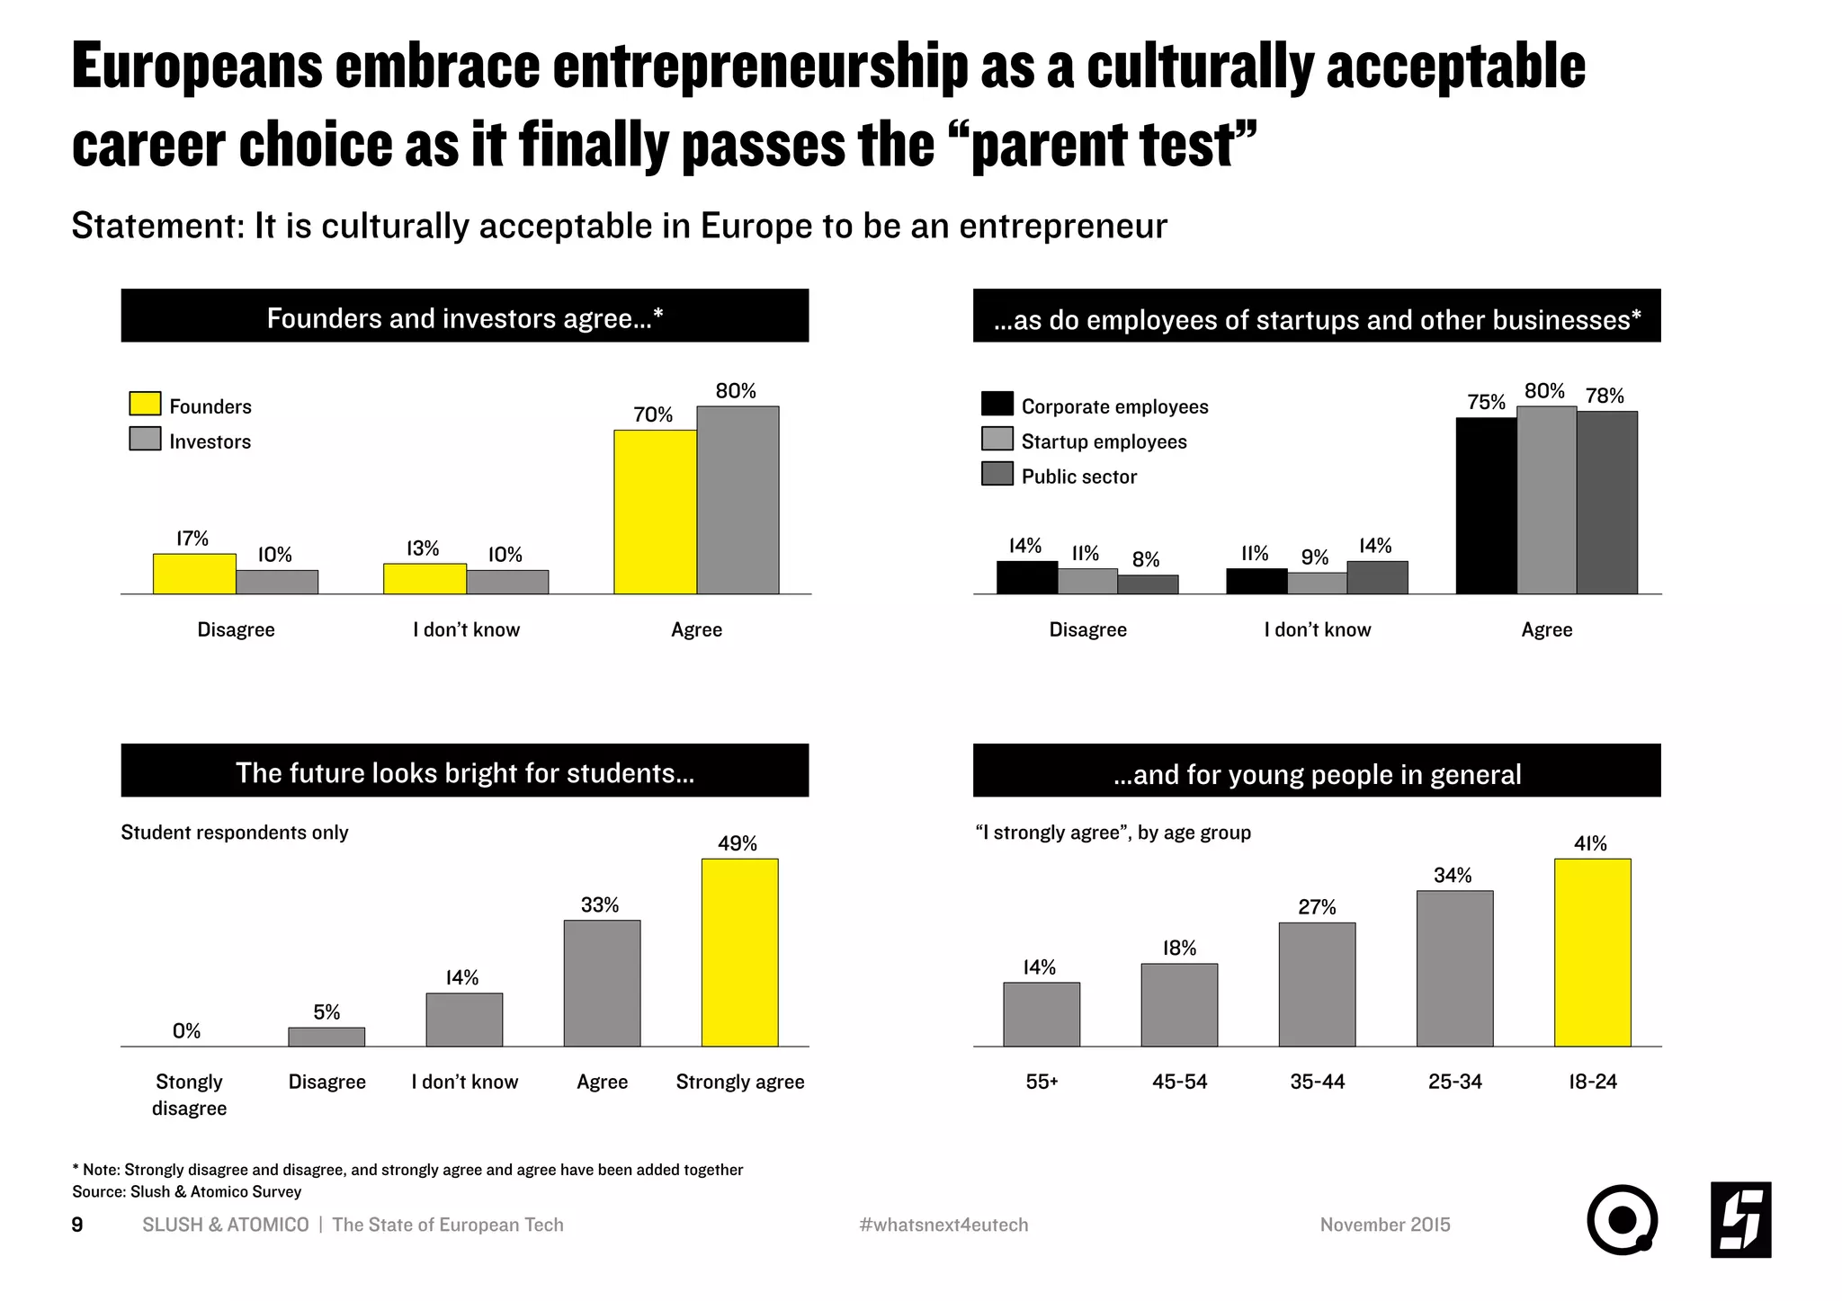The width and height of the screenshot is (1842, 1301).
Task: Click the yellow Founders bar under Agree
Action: (x=655, y=512)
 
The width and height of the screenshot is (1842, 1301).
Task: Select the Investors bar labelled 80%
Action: (x=738, y=500)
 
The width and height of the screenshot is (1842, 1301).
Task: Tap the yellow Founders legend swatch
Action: (x=145, y=404)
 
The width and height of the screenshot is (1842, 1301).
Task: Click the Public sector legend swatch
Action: (x=997, y=474)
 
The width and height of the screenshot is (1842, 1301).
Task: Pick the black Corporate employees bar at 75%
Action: (x=1486, y=505)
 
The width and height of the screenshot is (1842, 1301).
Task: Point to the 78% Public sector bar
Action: (x=1606, y=503)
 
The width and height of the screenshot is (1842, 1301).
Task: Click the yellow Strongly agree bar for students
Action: (x=739, y=952)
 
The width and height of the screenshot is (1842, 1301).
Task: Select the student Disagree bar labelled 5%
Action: (x=326, y=1037)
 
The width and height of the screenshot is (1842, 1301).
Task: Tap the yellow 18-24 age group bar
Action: (x=1592, y=952)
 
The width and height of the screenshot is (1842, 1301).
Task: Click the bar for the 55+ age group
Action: (x=1042, y=1014)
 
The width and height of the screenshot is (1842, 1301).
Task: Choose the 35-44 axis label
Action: (x=1317, y=1082)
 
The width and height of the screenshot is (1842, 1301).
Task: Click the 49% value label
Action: (x=738, y=843)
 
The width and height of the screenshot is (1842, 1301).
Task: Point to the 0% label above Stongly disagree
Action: (x=187, y=1031)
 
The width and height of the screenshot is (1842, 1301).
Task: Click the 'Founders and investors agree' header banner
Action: (x=465, y=316)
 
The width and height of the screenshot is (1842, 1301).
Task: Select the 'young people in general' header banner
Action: (x=1317, y=771)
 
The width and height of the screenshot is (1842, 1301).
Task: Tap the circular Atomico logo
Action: (x=1622, y=1220)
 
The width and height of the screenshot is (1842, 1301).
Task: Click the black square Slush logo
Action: (x=1740, y=1220)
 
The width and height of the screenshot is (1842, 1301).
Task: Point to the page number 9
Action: (x=77, y=1225)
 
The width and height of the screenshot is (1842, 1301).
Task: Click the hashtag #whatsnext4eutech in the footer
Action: (x=943, y=1225)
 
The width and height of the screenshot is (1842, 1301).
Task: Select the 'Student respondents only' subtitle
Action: (x=235, y=833)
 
